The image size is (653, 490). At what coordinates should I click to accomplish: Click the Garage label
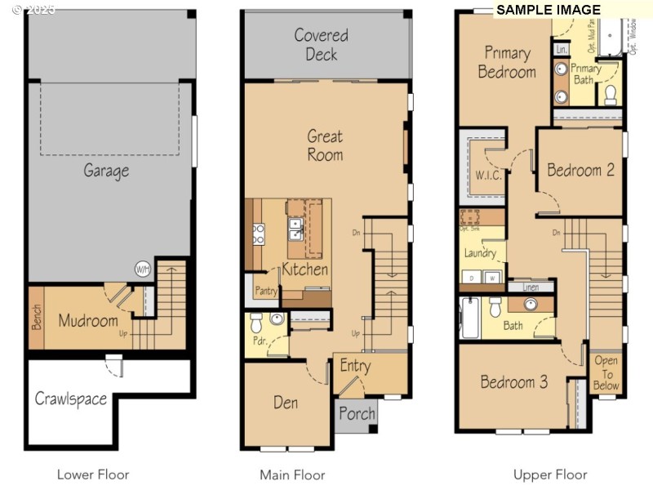(x=106, y=171)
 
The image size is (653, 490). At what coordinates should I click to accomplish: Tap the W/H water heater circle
(x=143, y=269)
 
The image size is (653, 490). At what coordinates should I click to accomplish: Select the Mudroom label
(x=88, y=320)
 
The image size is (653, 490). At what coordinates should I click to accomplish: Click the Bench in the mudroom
(x=37, y=317)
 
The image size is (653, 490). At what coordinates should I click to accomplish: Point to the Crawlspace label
(x=71, y=399)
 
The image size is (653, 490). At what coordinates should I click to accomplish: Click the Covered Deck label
(x=321, y=45)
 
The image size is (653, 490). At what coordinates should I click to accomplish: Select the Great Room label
(x=325, y=145)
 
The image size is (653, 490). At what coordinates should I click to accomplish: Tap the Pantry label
(x=267, y=291)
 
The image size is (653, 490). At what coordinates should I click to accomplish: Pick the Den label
(x=286, y=403)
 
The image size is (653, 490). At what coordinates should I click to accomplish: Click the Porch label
(x=357, y=413)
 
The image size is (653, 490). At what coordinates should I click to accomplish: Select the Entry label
(x=355, y=366)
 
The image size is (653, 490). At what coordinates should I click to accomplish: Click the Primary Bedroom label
(x=507, y=62)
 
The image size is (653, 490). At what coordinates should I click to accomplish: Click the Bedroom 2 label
(x=580, y=170)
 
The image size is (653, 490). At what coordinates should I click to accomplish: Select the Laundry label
(x=480, y=253)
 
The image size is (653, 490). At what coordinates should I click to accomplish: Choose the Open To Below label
(x=606, y=372)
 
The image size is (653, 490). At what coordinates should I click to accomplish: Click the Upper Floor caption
(x=550, y=474)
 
